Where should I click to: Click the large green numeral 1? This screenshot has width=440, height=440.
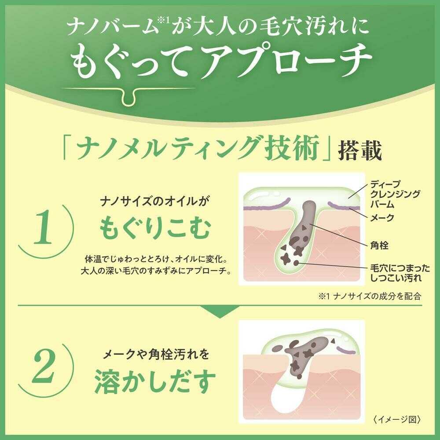coord(43,227)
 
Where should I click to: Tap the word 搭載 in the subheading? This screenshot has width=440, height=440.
coord(359,150)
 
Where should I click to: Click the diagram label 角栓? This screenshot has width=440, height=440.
coord(379,246)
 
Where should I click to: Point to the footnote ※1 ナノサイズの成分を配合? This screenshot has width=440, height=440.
coord(370,296)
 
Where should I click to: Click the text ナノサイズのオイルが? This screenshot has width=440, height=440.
coord(155,202)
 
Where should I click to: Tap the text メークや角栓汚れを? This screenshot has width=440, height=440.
coord(156,355)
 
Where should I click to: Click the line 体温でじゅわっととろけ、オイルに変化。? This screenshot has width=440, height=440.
coord(155,259)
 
